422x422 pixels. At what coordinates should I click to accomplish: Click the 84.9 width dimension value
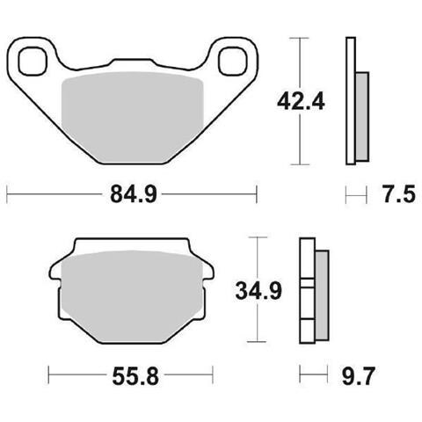tap(134, 194)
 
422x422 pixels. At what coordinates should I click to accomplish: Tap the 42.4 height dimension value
tap(301, 102)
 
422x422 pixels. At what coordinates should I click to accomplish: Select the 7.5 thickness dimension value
tap(399, 194)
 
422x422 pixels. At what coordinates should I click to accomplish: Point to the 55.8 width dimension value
tap(135, 376)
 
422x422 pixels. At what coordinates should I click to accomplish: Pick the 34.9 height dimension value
tap(258, 291)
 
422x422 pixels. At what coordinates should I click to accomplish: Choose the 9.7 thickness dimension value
tap(359, 376)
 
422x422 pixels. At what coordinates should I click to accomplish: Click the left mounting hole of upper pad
tap(33, 61)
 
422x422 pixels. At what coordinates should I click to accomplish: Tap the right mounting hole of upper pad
tap(233, 61)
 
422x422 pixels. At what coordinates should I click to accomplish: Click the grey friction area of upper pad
tap(133, 117)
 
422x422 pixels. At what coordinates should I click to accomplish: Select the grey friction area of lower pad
tap(131, 296)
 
